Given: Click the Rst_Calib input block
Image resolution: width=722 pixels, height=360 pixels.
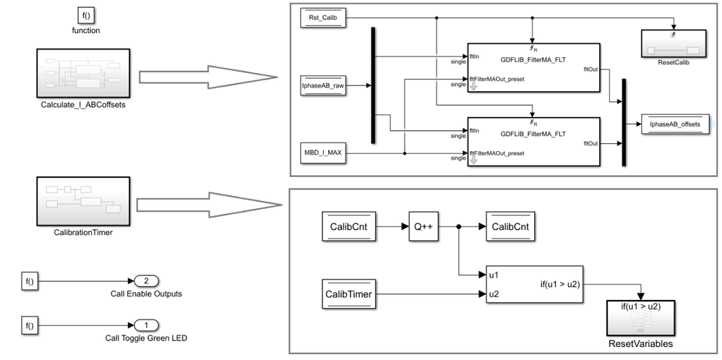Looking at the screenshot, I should [x=323, y=17].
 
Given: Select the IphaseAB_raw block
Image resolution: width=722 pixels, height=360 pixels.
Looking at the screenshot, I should [x=323, y=85].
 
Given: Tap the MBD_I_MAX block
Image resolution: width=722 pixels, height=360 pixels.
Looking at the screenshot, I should [x=323, y=153].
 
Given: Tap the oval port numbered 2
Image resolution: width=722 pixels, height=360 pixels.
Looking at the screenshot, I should [x=145, y=281].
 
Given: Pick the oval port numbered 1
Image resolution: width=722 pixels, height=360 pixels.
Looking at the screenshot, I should [x=145, y=325].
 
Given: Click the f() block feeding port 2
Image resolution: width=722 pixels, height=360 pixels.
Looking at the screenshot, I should [x=30, y=281].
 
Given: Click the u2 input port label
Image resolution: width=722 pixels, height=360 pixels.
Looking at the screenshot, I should [x=494, y=294].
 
